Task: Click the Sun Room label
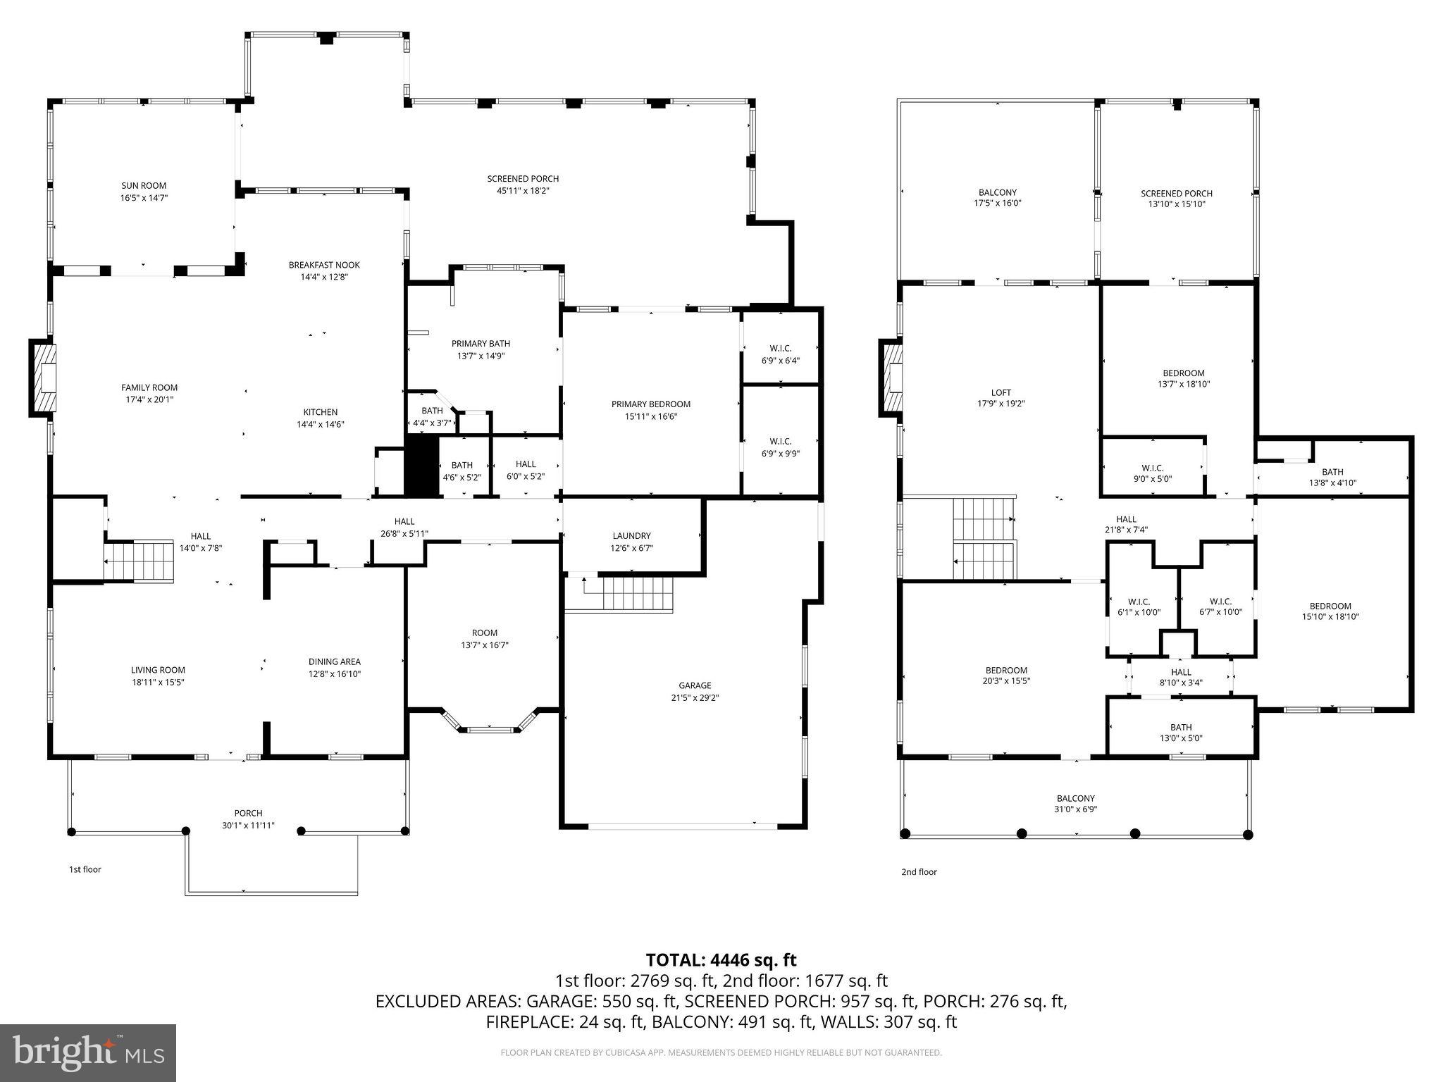point(144,186)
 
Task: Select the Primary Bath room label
point(481,344)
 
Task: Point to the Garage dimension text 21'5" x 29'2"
point(695,698)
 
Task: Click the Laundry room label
point(631,536)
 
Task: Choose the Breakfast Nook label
point(324,265)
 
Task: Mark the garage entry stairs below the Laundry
point(634,593)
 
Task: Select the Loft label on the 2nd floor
point(1001,393)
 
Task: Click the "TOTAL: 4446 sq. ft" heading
point(721,960)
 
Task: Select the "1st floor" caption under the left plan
point(85,869)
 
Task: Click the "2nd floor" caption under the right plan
point(919,872)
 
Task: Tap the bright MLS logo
point(88,1053)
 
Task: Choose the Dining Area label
point(334,661)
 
